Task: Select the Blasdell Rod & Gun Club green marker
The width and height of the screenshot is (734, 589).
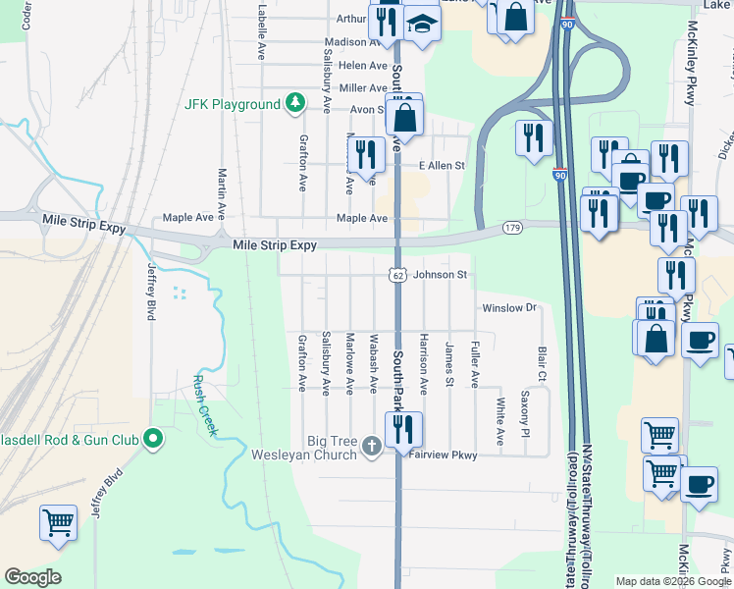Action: [x=152, y=438]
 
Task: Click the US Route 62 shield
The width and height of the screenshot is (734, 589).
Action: [x=394, y=276]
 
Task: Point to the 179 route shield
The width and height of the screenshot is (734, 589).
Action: [x=511, y=228]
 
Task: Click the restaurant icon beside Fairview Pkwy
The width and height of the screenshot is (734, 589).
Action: [x=402, y=428]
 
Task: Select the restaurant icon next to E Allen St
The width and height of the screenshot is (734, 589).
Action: [x=363, y=153]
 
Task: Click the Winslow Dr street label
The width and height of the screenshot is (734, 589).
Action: [x=511, y=308]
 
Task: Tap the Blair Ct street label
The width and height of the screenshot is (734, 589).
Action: [x=541, y=363]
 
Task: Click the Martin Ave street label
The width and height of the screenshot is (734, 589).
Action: [x=222, y=192]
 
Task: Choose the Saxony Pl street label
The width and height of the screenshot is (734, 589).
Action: [x=525, y=414]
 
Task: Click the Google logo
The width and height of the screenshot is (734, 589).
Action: [x=32, y=577]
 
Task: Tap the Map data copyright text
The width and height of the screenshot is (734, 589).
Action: [x=672, y=581]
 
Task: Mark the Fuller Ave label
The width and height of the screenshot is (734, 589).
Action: [x=475, y=364]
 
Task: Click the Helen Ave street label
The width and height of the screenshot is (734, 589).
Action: [x=362, y=65]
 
